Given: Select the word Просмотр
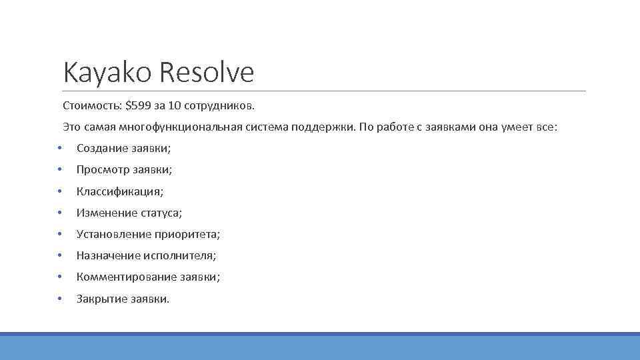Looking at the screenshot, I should (x=103, y=169).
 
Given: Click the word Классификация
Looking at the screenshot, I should (x=119, y=191).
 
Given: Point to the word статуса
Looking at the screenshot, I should (x=160, y=213).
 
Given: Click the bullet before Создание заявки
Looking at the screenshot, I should (x=59, y=148).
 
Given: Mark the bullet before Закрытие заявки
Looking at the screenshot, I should (x=59, y=298).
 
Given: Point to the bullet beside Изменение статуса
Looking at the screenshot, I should (x=59, y=213).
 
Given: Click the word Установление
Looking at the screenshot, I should (x=114, y=234).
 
